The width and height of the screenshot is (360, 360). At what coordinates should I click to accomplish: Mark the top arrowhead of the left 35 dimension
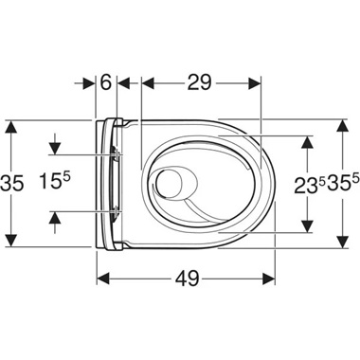click(x=9, y=126)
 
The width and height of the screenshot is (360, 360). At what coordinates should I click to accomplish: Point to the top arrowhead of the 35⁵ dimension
click(x=343, y=126)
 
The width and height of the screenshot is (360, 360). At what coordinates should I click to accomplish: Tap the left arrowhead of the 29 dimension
click(x=146, y=83)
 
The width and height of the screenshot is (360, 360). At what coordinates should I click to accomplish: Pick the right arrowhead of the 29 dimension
click(x=254, y=83)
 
